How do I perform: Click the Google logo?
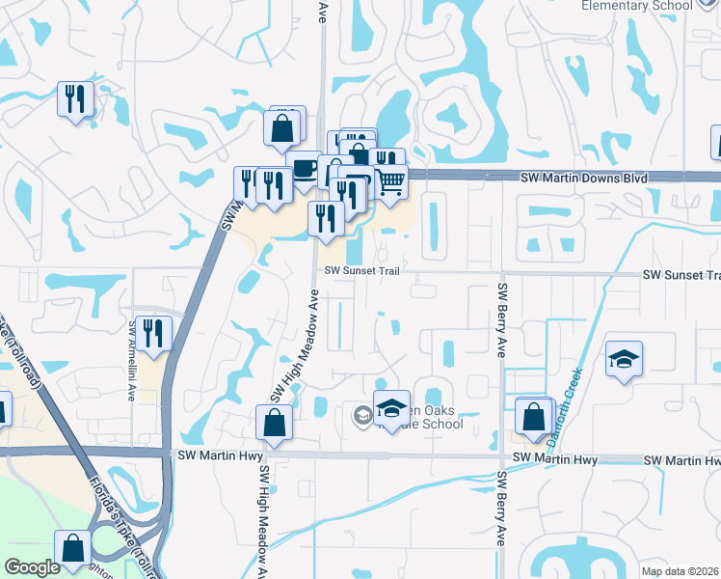(x=32, y=567)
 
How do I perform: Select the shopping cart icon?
(x=389, y=182)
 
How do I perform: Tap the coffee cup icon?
(x=305, y=168)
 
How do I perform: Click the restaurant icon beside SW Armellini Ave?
(x=153, y=333)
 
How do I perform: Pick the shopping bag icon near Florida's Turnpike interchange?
(x=72, y=547)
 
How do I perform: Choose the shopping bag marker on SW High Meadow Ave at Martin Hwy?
(x=274, y=423)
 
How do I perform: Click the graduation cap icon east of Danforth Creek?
(x=624, y=360)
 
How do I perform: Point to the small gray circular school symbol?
(x=363, y=416)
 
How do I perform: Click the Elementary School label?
(x=637, y=6)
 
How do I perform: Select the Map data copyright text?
(x=681, y=571)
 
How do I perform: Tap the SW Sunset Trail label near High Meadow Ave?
(x=360, y=271)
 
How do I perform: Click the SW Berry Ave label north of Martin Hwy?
(x=501, y=319)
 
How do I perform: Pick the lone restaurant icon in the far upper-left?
(x=75, y=98)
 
